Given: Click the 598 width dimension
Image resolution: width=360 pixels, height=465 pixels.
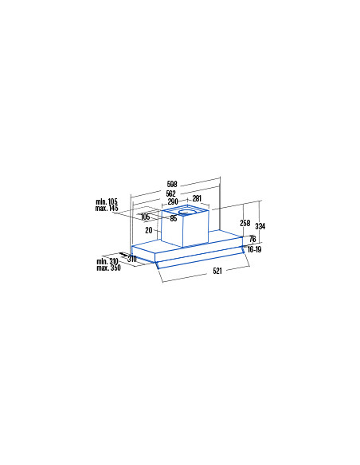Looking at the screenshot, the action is click(x=172, y=184).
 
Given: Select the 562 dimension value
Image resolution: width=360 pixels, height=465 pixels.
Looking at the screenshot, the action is click(x=170, y=193).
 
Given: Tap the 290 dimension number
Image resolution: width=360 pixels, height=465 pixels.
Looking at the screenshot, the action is click(x=173, y=201).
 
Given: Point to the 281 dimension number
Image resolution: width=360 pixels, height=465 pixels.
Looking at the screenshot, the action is click(x=197, y=198).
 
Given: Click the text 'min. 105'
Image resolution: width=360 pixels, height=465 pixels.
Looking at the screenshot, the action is click(x=107, y=201).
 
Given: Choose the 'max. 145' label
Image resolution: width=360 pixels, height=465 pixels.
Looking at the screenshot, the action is click(x=107, y=208).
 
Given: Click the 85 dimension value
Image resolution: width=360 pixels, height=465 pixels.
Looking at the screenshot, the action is click(x=174, y=218).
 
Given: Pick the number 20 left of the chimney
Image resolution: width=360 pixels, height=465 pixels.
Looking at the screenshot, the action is click(x=149, y=230).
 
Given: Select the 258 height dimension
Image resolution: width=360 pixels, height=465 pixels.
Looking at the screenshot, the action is click(x=245, y=223).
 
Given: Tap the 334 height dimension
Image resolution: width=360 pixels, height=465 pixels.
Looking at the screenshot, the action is click(x=260, y=227).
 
